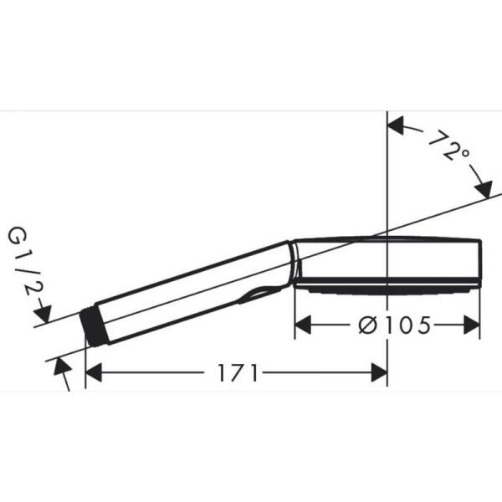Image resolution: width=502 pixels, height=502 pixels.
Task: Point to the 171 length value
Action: coord(237,372)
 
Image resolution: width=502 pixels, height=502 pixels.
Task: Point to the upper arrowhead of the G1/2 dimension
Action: coord(43,315)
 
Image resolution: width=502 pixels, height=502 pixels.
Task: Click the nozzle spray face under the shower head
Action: coord(385,291)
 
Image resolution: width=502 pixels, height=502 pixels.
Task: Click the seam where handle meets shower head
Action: coord(293,264)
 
